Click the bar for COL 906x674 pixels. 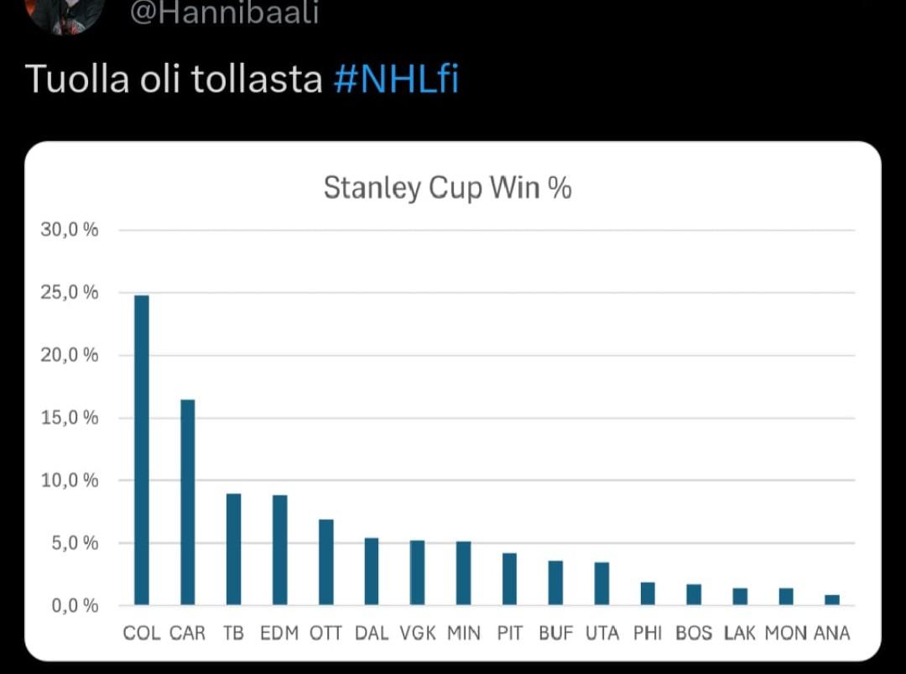[142, 450]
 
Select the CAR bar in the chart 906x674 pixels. [188, 502]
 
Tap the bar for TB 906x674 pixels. [233, 549]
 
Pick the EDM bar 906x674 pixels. [279, 550]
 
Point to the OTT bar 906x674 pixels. [325, 562]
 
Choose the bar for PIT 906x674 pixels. [509, 579]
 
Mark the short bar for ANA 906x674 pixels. [831, 600]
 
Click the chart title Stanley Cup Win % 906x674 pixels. [447, 188]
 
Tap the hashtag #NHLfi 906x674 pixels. [396, 80]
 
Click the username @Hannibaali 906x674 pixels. [225, 13]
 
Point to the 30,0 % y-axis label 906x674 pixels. [69, 230]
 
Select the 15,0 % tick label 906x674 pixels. [69, 418]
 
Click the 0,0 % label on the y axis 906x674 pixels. [74, 605]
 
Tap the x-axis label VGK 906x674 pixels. [418, 633]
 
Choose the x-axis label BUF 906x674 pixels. [555, 633]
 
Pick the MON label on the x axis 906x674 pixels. [785, 633]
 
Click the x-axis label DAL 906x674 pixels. [372, 633]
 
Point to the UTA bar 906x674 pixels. [601, 583]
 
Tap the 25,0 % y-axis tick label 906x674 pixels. [69, 293]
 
